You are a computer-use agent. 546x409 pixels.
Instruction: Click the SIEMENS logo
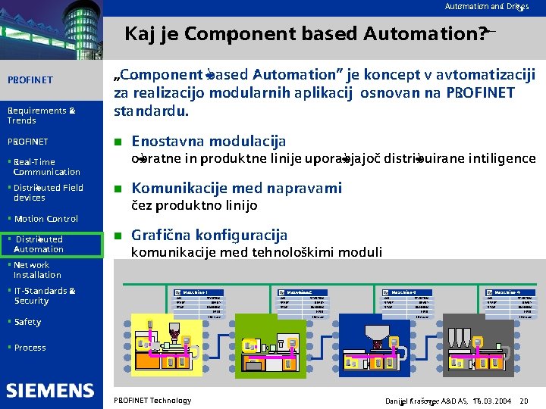pyautogui.click(x=51, y=390)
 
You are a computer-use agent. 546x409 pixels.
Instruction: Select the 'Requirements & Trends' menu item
pyautogui.click(x=41, y=115)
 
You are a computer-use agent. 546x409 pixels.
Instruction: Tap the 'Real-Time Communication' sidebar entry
pyautogui.click(x=45, y=167)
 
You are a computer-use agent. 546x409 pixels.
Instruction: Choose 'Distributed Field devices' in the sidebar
pyautogui.click(x=48, y=192)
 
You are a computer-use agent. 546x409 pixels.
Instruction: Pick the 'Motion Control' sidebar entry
pyautogui.click(x=45, y=219)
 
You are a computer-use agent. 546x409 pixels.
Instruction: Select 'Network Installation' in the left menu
pyautogui.click(x=36, y=270)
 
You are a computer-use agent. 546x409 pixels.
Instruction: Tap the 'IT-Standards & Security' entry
pyautogui.click(x=44, y=295)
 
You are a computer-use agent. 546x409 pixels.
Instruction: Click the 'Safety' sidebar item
pyautogui.click(x=27, y=322)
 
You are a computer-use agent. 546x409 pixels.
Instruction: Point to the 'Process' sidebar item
pyautogui.click(x=30, y=348)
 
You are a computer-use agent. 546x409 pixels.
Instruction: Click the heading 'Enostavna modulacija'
pyautogui.click(x=209, y=142)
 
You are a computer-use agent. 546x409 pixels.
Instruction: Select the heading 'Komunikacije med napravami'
pyautogui.click(x=237, y=189)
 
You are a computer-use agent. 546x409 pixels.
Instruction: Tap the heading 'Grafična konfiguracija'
pyautogui.click(x=209, y=235)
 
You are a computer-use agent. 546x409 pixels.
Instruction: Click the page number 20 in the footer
pyautogui.click(x=524, y=400)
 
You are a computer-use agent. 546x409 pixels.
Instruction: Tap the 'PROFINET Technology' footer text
pyautogui.click(x=152, y=400)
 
